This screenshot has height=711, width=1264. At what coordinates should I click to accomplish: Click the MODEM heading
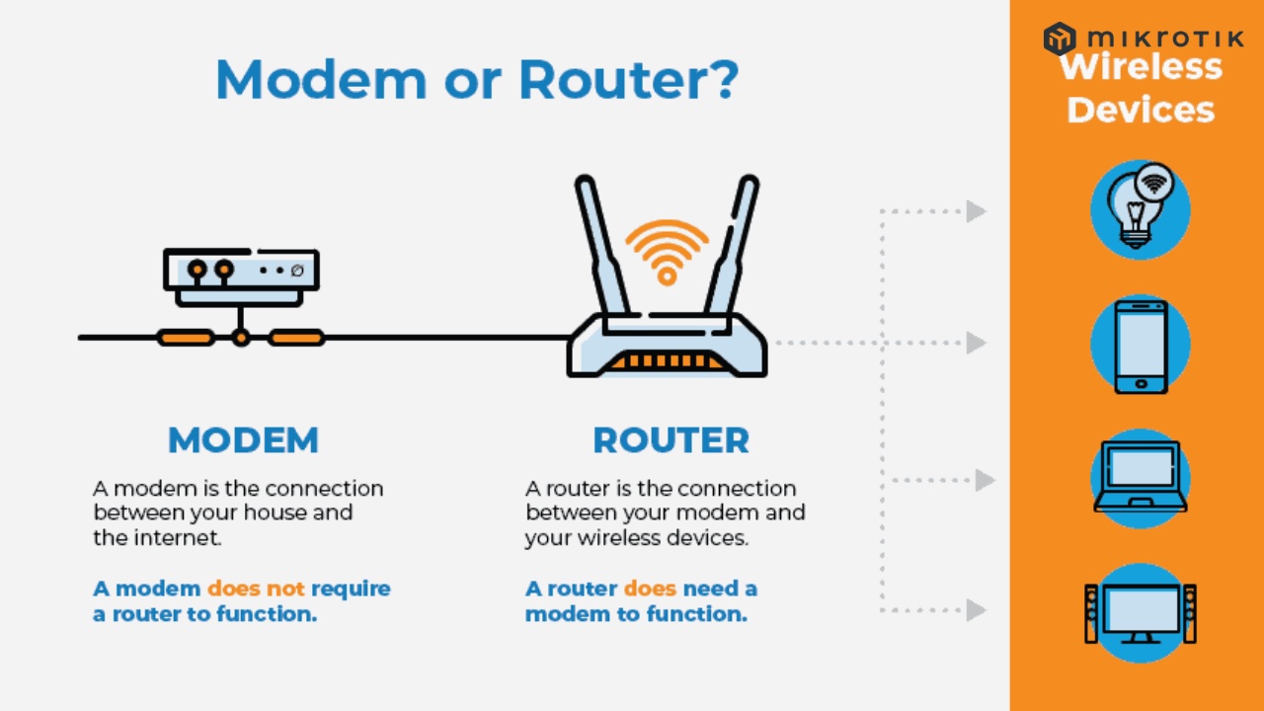pos(243,440)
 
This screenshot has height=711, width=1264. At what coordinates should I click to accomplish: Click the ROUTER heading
pos(671,440)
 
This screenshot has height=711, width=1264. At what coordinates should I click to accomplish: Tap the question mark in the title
pos(718,79)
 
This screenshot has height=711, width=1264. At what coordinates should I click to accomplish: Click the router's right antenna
pos(737,247)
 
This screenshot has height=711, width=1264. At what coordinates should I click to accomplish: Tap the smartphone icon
pos(1141,345)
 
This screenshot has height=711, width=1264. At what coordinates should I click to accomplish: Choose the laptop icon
pos(1141,478)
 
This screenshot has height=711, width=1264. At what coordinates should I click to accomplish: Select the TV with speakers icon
pos(1141,612)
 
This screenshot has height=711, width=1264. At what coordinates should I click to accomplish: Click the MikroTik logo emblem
pos(1060,39)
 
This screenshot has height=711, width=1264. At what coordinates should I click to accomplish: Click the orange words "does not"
pos(256,589)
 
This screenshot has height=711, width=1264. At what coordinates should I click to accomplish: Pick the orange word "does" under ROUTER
pos(650,589)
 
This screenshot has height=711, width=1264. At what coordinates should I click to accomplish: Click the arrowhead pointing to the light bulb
pos(976,210)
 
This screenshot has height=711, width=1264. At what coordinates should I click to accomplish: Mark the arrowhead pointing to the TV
pos(976,610)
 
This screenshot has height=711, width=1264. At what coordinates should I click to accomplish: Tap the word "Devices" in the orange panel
pos(1141,109)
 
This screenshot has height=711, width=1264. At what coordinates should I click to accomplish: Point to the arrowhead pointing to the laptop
pos(984,480)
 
